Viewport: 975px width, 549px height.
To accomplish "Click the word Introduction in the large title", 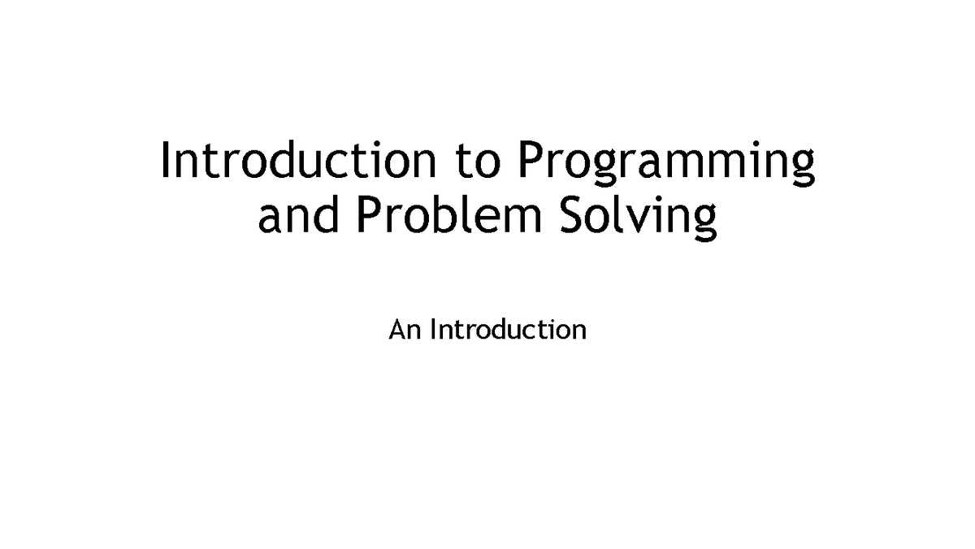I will pyautogui.click(x=297, y=162).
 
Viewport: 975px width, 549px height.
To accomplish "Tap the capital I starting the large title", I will pyautogui.click(x=166, y=160).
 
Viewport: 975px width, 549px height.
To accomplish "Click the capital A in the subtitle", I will pyautogui.click(x=396, y=330).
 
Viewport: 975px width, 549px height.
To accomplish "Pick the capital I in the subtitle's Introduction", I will pyautogui.click(x=432, y=330).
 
